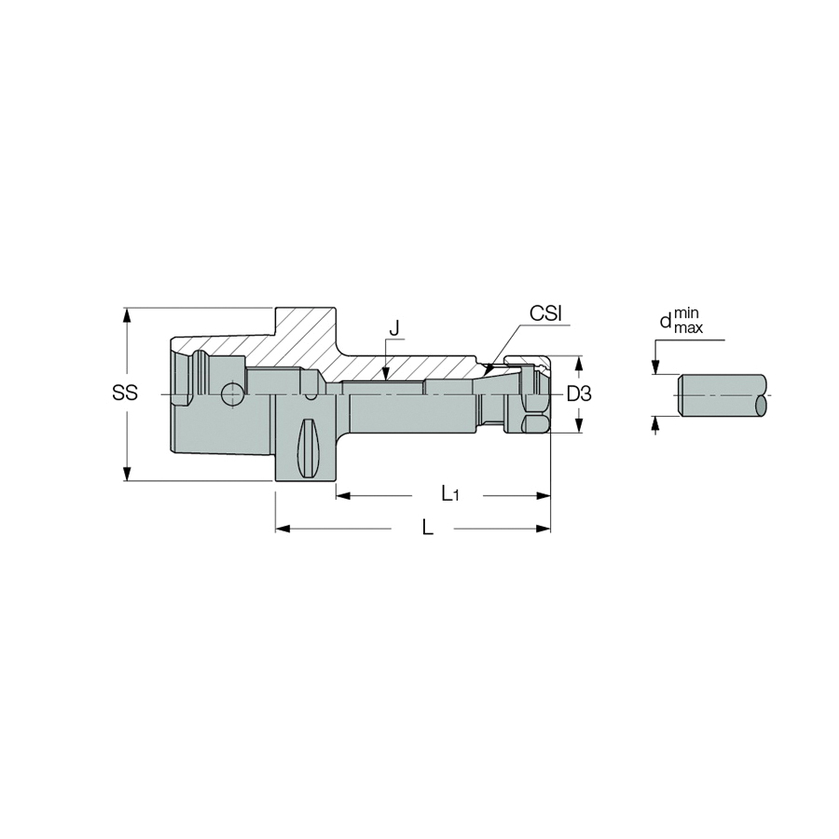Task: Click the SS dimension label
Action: point(125,392)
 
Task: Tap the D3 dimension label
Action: point(579,394)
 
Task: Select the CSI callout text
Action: point(545,313)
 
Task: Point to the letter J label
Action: point(394,328)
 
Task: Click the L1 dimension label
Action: point(450,494)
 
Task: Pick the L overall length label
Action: point(427,528)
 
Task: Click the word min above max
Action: point(686,312)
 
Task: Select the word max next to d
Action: point(689,327)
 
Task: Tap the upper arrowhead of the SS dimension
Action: point(127,315)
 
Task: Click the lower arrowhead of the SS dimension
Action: point(127,473)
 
